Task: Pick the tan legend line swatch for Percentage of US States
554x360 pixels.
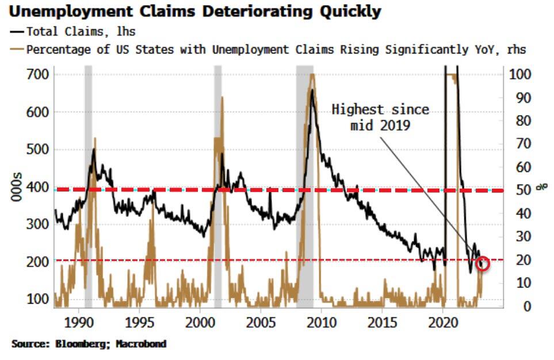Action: coord(16,49)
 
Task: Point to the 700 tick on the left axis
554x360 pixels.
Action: coord(37,74)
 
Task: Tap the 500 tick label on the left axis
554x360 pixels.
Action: coord(37,149)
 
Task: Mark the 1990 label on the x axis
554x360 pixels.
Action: coord(78,320)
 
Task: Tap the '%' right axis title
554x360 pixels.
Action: coord(541,187)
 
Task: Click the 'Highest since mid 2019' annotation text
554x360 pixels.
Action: coord(380,117)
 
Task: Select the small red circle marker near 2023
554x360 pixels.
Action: coord(483,263)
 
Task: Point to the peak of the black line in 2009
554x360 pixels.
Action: coord(312,90)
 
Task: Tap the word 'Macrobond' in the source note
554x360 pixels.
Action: coord(142,344)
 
